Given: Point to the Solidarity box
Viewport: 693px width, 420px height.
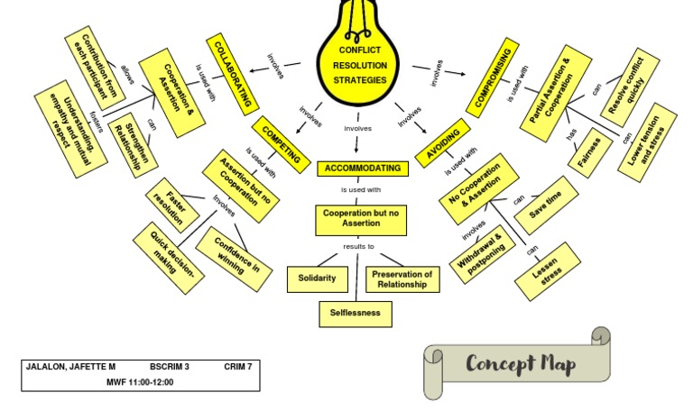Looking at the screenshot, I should (x=317, y=278).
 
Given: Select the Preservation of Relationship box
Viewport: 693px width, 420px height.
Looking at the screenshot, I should (x=402, y=278).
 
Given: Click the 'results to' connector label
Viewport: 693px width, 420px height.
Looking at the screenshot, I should (x=358, y=246).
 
